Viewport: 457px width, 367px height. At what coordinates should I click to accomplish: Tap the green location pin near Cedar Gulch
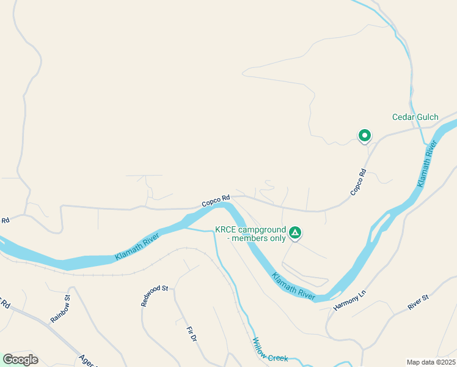click(x=365, y=135)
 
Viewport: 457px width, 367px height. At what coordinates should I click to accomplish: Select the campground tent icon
click(x=295, y=232)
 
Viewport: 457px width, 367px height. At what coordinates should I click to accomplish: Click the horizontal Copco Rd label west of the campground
click(x=216, y=199)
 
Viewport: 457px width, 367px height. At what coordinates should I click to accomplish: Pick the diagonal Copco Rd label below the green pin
click(x=359, y=182)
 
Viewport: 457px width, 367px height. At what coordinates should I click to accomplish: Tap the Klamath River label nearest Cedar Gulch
click(x=428, y=164)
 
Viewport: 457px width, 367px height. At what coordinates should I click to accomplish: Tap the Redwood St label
click(x=154, y=295)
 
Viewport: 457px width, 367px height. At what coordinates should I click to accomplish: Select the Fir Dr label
click(x=191, y=334)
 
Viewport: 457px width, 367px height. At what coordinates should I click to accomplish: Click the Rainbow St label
click(x=60, y=310)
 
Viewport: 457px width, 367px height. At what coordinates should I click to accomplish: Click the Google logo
click(x=20, y=360)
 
